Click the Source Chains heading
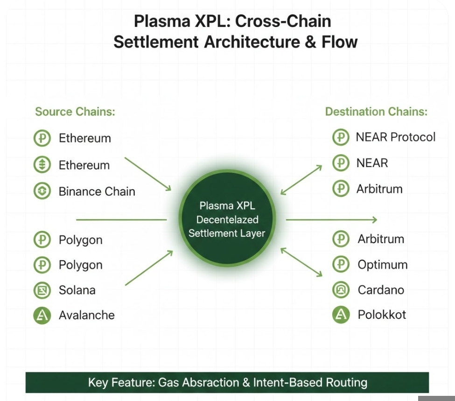click(75, 112)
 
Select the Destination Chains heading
click(376, 112)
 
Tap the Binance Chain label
click(97, 191)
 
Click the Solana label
click(77, 290)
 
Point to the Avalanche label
click(87, 315)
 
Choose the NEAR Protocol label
click(395, 137)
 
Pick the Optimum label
click(383, 265)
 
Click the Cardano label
click(381, 290)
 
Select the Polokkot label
click(382, 315)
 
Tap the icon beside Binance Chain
click(42, 191)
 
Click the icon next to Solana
click(42, 290)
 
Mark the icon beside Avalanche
click(42, 316)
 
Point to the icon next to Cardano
click(341, 290)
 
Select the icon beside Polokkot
click(341, 315)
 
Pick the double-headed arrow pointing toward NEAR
click(301, 179)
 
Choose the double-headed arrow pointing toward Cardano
click(301, 261)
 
